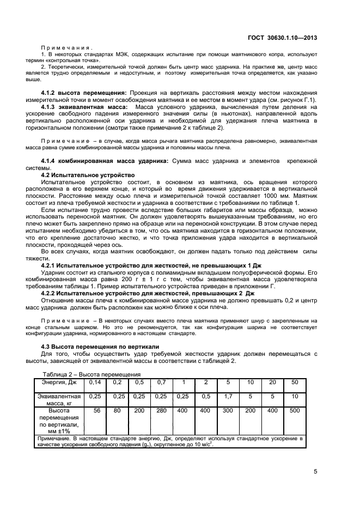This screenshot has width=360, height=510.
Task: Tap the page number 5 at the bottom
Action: coord(315,472)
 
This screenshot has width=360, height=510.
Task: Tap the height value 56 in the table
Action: coord(97,410)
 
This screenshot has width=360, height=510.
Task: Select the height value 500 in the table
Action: coord(294,410)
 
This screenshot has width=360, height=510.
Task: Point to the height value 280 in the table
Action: coord(161,410)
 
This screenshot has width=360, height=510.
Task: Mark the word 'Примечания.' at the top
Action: coord(67,47)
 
